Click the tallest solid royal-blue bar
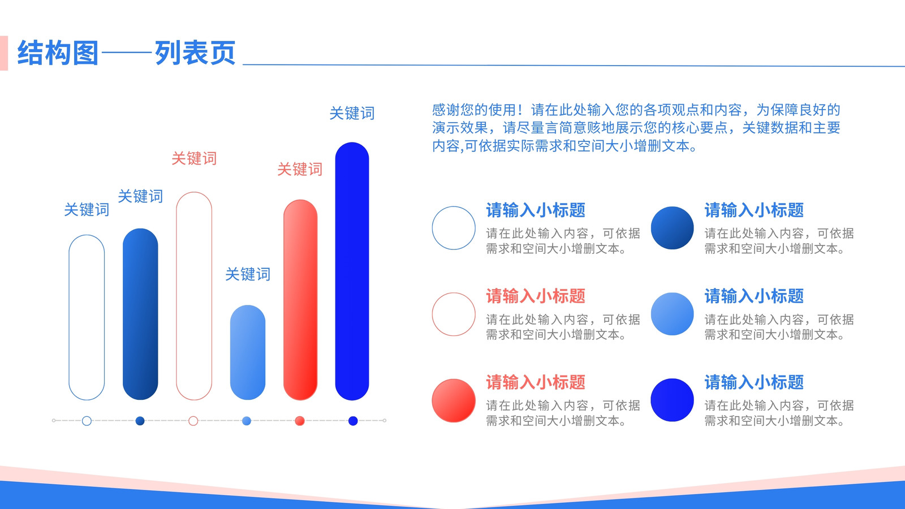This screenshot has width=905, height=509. click(352, 271)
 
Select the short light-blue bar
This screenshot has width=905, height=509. click(248, 352)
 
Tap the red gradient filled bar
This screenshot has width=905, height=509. click(300, 300)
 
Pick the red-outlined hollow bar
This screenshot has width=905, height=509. click(176, 296)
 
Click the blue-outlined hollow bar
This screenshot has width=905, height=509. click(69, 317)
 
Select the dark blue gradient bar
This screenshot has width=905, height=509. click(140, 314)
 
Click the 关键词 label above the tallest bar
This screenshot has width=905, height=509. click(352, 113)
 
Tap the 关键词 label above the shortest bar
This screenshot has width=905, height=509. click(248, 274)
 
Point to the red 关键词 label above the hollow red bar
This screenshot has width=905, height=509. click(194, 158)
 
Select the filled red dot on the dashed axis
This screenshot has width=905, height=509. click(300, 421)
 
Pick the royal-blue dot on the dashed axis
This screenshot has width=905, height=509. click(353, 421)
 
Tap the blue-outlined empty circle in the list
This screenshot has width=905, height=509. click(433, 228)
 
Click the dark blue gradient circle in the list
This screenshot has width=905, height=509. click(673, 228)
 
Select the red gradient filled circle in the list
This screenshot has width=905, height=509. click(454, 400)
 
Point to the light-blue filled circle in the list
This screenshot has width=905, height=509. click(673, 314)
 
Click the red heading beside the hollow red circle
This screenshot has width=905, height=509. click(536, 296)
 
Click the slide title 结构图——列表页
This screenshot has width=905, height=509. click(127, 53)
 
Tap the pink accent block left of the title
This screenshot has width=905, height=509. click(4, 53)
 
